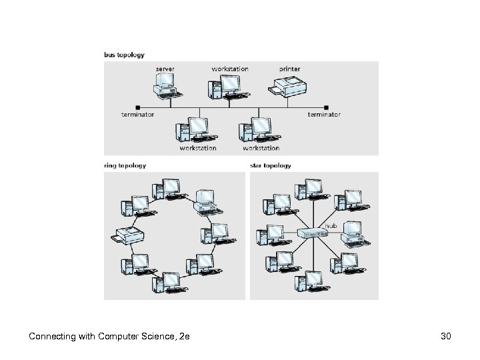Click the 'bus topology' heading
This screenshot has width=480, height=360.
tap(124, 55)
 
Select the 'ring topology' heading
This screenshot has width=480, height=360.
tap(125, 165)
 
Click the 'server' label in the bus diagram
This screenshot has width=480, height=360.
tap(165, 69)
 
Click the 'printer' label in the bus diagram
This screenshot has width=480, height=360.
tap(289, 69)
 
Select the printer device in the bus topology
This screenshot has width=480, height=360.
tap(288, 86)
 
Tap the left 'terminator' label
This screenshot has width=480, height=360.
tap(138, 115)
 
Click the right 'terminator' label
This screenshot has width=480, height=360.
tap(324, 115)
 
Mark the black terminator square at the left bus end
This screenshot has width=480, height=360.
tap(138, 107)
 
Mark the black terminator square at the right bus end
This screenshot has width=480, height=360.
tap(326, 107)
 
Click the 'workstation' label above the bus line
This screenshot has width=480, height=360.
tap(230, 69)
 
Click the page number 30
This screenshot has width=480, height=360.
tap(446, 337)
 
